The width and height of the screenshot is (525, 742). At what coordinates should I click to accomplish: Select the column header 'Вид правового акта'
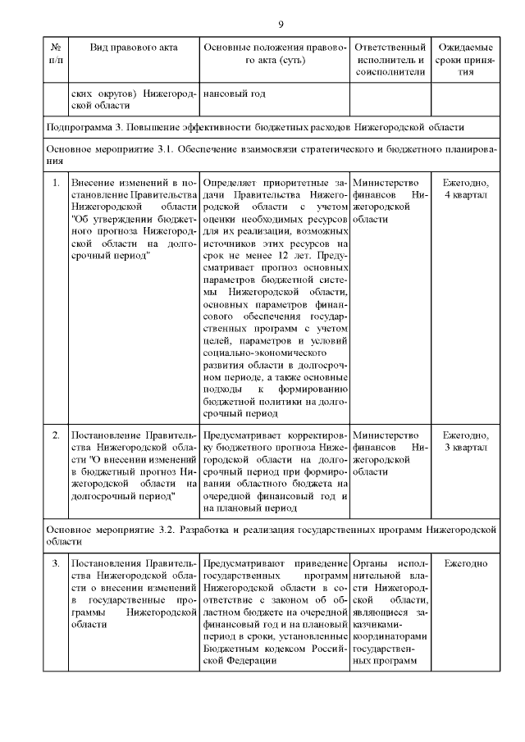pyautogui.click(x=134, y=48)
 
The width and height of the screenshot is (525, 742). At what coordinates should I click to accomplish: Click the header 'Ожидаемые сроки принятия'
pyautogui.click(x=465, y=60)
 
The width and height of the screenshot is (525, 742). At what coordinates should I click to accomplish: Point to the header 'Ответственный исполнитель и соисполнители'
pyautogui.click(x=390, y=60)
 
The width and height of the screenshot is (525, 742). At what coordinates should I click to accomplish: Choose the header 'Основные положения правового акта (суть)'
pyautogui.click(x=275, y=54)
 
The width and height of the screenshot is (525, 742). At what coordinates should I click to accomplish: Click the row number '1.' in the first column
pyautogui.click(x=56, y=181)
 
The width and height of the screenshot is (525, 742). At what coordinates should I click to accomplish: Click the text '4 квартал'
pyautogui.click(x=465, y=194)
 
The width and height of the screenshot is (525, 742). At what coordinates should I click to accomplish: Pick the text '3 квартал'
pyautogui.click(x=465, y=448)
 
